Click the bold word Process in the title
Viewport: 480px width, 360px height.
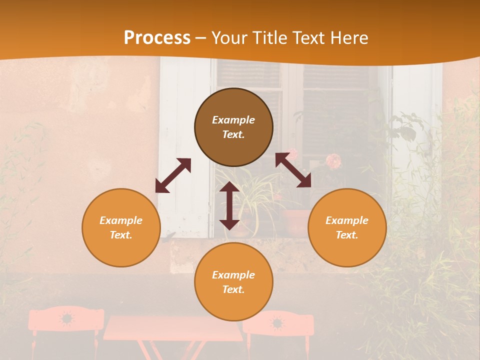click(x=157, y=38)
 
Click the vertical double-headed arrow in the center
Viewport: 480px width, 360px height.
click(x=229, y=205)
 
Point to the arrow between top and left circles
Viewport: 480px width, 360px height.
click(x=173, y=175)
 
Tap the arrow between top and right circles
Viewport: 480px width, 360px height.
click(x=293, y=170)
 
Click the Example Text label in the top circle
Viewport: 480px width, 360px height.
click(x=233, y=127)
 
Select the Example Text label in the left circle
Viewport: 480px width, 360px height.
click(x=121, y=227)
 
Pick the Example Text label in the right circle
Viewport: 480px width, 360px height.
click(x=347, y=227)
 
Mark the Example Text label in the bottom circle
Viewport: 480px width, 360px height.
click(x=233, y=282)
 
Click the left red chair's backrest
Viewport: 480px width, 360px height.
click(x=66, y=319)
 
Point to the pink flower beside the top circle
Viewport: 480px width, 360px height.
click(x=333, y=161)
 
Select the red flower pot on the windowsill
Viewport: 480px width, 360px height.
click(x=295, y=221)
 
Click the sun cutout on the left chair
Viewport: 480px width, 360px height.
click(x=66, y=318)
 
